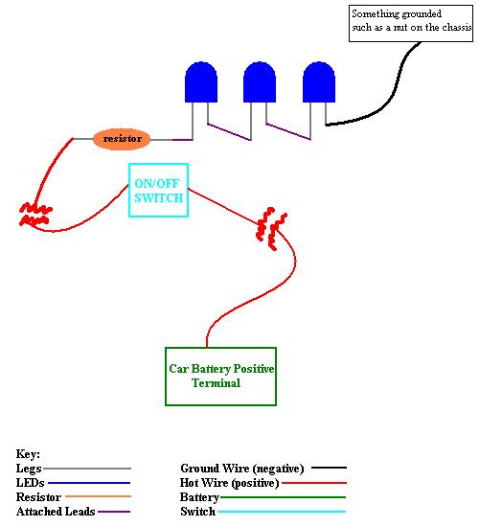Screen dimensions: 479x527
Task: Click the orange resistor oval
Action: [122, 139]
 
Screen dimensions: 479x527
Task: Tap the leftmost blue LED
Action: [201, 82]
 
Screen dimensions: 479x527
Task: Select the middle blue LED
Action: [260, 82]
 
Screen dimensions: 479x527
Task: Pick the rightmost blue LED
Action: [319, 82]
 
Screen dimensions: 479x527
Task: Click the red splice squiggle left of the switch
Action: [34, 214]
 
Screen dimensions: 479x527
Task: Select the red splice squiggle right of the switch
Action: [271, 229]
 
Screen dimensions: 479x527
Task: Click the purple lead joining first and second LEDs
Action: [229, 131]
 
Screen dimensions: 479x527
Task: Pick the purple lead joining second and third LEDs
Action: [288, 131]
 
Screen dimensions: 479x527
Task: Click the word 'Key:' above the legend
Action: [28, 454]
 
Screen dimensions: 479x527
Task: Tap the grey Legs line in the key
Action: [87, 469]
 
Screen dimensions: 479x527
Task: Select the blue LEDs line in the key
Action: [89, 483]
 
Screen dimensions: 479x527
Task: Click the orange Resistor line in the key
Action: [98, 496]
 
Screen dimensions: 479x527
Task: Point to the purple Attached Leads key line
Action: [114, 512]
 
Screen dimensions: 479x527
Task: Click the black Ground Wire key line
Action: [329, 468]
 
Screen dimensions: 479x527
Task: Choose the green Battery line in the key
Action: [283, 497]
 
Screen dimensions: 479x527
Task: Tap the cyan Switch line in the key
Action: [282, 512]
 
